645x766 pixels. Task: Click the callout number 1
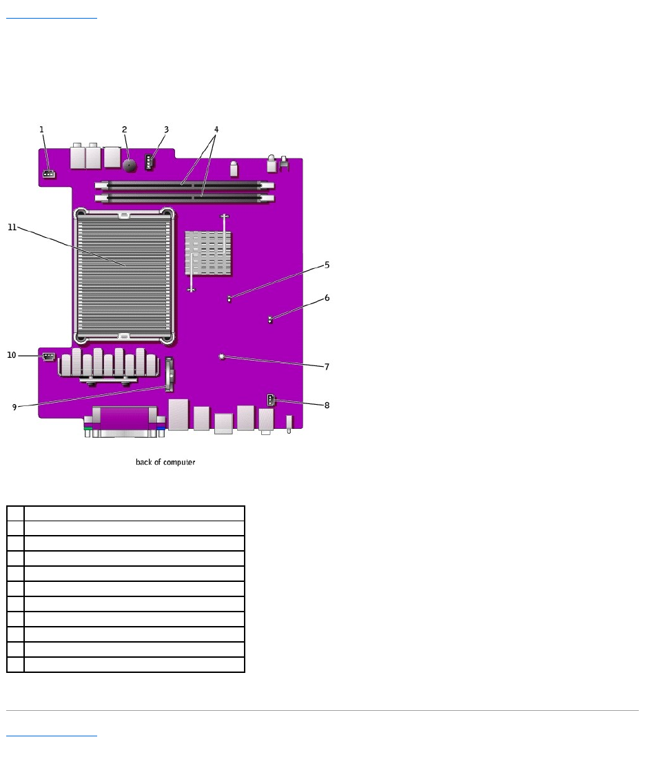[x=41, y=130]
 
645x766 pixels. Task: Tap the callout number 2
[x=125, y=130]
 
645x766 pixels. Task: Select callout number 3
[x=167, y=130]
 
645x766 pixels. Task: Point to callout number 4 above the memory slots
[x=216, y=130]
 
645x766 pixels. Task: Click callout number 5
[x=327, y=265]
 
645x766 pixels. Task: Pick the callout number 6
[x=327, y=298]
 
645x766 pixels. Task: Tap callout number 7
[x=327, y=367]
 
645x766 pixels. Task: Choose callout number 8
[x=327, y=405]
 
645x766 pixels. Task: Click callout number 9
[x=14, y=407]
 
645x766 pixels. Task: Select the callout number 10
[x=12, y=355]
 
